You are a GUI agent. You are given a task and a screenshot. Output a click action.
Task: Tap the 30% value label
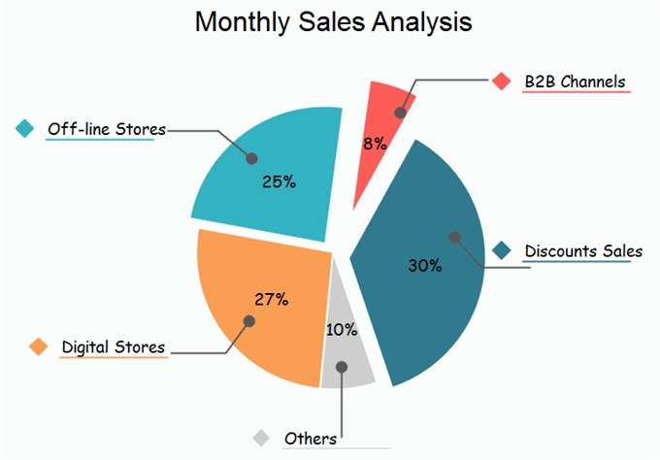[424, 265]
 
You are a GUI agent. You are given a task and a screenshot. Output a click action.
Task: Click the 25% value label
[279, 181]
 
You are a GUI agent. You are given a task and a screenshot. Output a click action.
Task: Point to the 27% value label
[271, 299]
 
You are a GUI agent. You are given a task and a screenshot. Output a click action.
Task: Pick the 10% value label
[341, 329]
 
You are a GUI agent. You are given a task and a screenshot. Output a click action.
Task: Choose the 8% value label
[375, 144]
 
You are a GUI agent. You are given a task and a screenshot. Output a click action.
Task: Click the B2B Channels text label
[575, 82]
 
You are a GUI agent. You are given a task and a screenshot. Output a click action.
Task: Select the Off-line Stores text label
[107, 128]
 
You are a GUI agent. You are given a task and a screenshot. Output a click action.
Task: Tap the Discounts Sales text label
[583, 251]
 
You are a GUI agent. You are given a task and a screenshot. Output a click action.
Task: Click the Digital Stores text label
[114, 346]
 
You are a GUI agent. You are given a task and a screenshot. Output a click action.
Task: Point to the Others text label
[311, 439]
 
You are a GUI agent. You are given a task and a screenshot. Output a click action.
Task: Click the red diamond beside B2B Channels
[501, 82]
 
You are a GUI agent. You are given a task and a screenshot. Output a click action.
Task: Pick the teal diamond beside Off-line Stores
[26, 128]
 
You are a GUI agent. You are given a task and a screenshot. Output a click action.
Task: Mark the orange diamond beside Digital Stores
[39, 346]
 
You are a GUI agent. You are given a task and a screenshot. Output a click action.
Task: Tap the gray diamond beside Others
[261, 439]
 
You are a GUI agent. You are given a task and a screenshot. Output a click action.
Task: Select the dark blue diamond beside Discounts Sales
[502, 251]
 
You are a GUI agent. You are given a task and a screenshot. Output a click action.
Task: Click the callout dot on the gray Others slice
[342, 367]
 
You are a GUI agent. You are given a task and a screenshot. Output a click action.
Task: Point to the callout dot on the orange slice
[248, 320]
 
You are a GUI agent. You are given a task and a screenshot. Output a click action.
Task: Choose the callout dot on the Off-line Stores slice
[252, 157]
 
